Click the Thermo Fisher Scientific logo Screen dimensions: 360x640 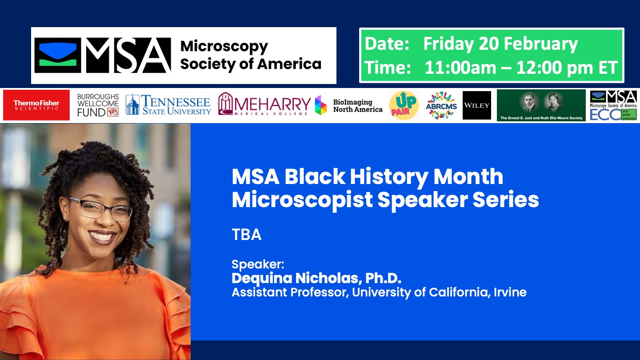[36, 105]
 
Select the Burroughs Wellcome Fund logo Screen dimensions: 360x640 [98, 105]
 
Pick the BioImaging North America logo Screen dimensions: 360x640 [349, 105]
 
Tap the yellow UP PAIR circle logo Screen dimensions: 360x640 [404, 105]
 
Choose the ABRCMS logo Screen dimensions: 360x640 [441, 105]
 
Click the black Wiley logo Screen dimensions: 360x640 [477, 105]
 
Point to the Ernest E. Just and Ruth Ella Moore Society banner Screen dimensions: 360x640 [541, 105]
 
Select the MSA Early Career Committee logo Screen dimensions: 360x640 [613, 105]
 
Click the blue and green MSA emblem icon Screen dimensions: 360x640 [58, 55]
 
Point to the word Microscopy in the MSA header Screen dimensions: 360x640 [224, 46]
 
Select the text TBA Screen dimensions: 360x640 [246, 235]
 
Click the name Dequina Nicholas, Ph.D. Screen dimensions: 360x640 [316, 278]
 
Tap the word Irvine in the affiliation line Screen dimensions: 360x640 [510, 292]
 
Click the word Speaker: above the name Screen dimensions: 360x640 [258, 264]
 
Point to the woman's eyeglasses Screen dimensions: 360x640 [100, 208]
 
